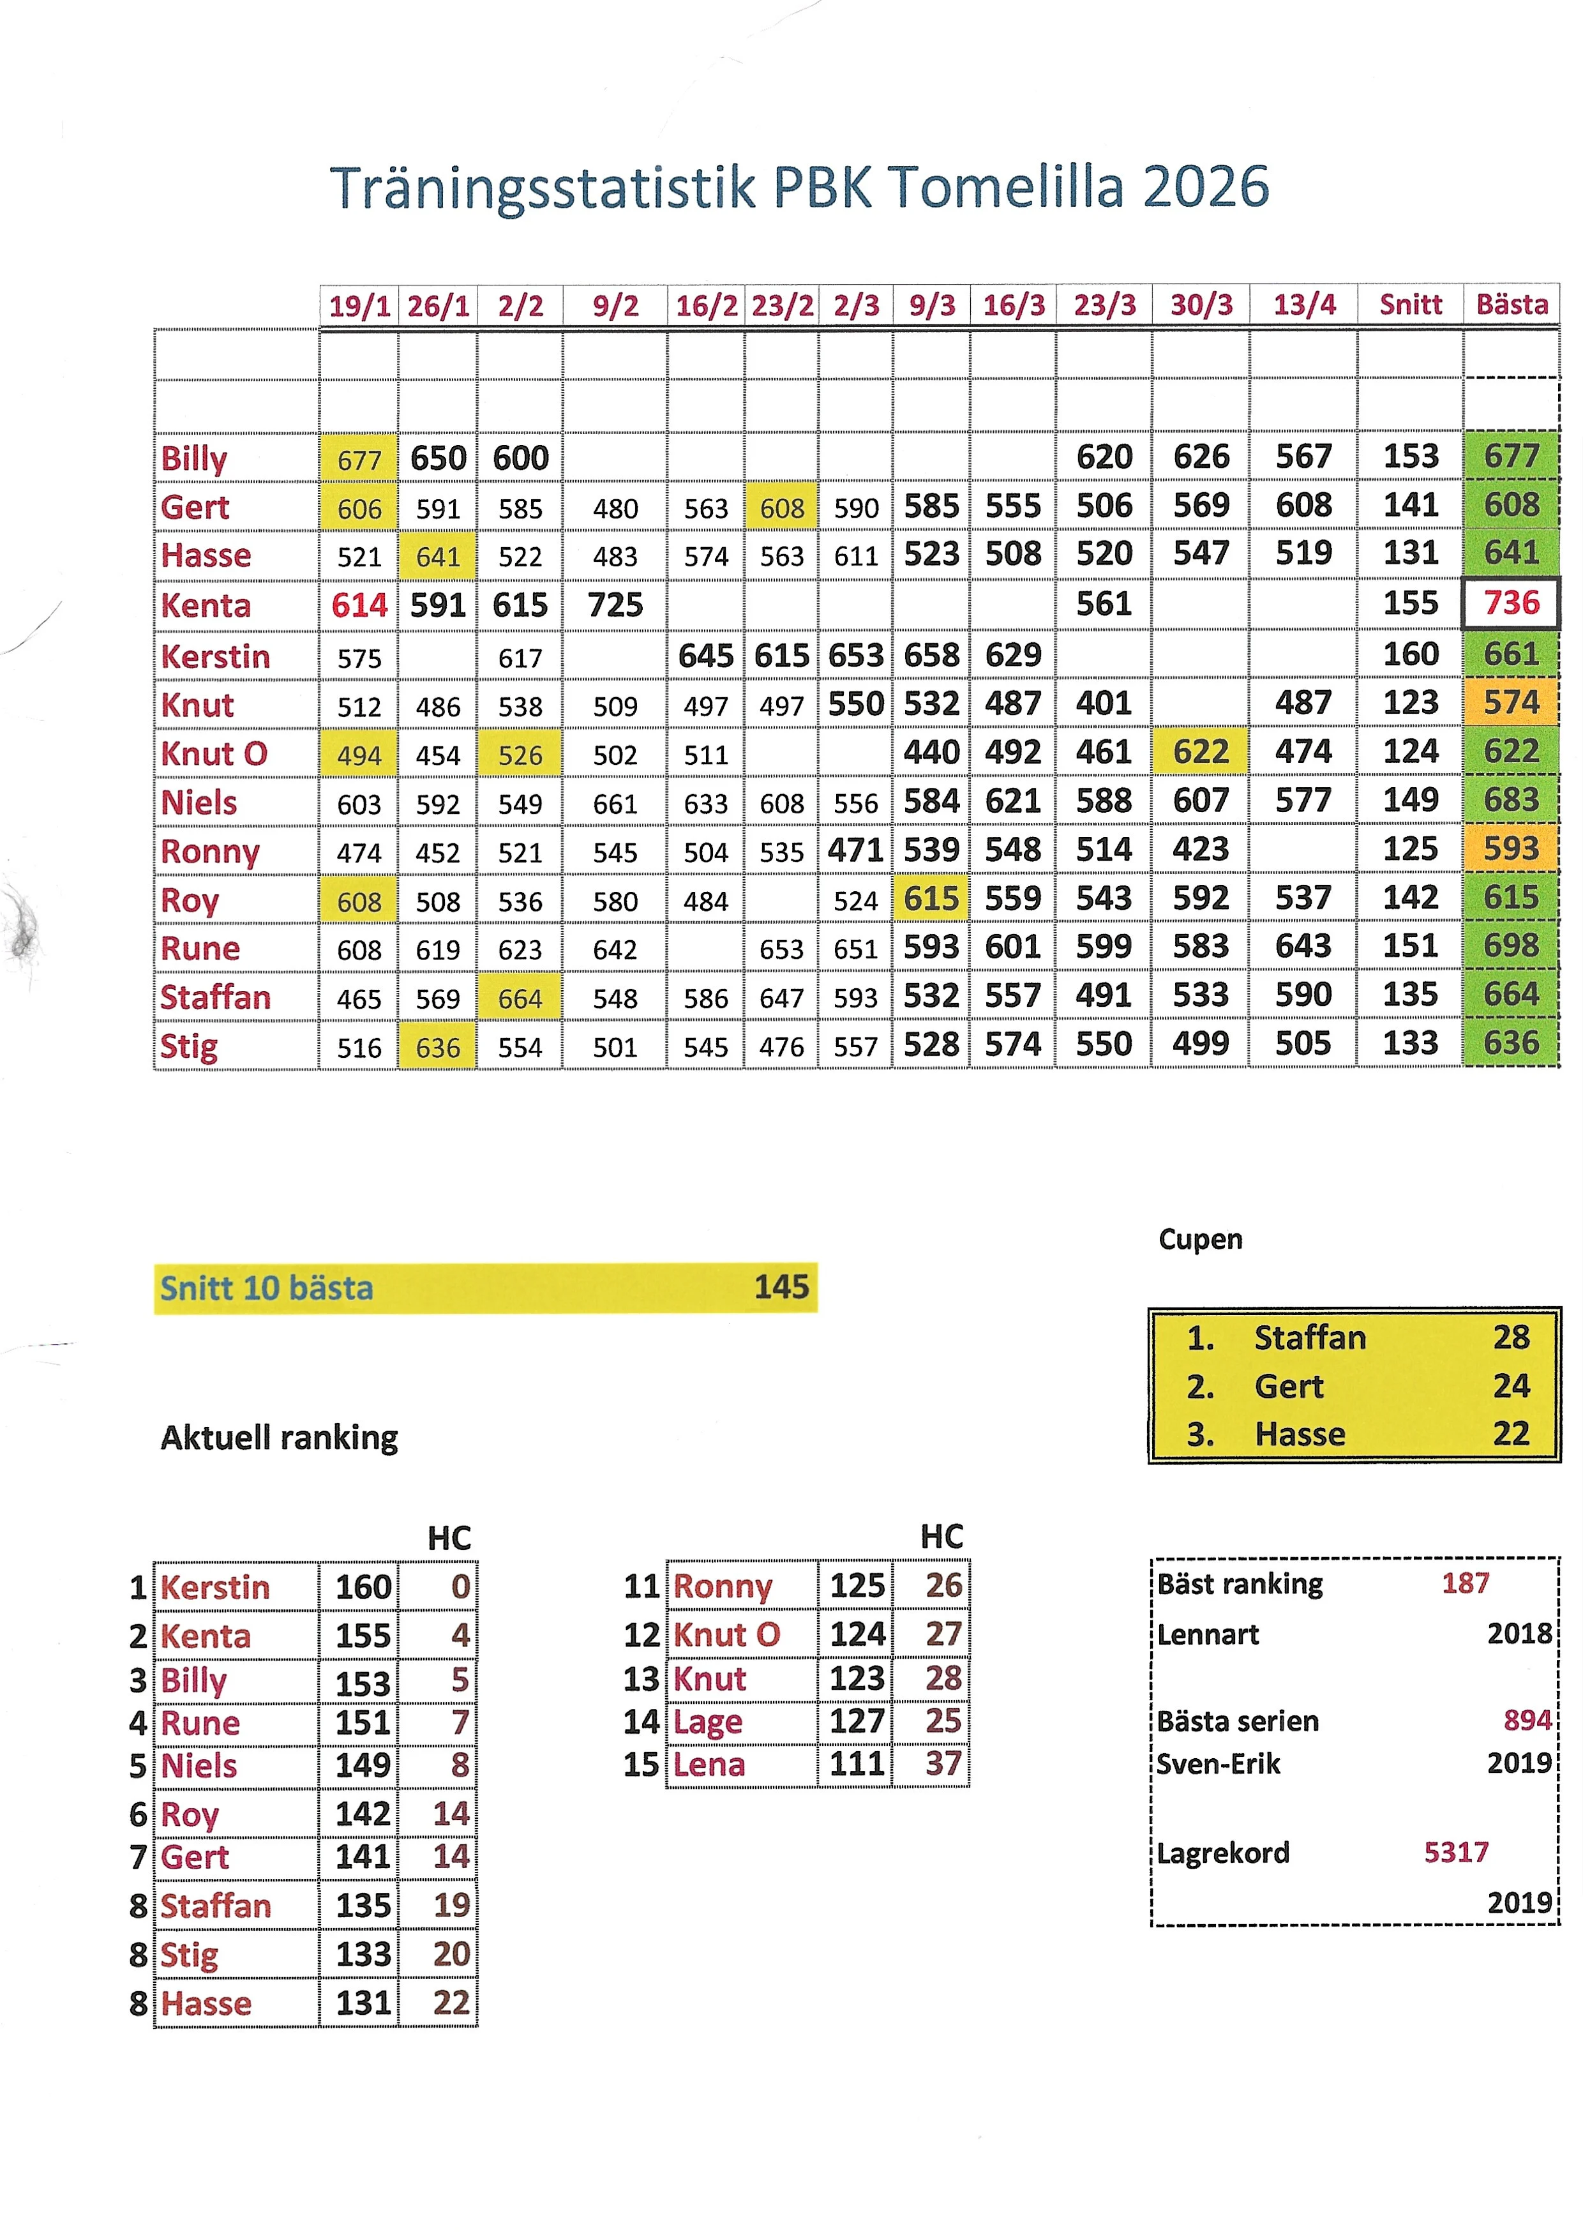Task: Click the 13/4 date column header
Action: coord(1304,305)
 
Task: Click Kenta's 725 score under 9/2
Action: coord(615,605)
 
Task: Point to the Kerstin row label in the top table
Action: coord(215,656)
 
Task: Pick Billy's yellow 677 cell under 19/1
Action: coord(359,459)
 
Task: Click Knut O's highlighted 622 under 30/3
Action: coord(1200,751)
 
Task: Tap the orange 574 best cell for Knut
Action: coord(1511,703)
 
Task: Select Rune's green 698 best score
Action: coord(1511,945)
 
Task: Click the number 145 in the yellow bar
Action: coord(781,1286)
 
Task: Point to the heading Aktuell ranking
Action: coord(279,1438)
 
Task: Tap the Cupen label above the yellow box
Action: coord(1200,1239)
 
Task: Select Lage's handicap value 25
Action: coord(943,1721)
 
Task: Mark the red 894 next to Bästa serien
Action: coord(1526,1721)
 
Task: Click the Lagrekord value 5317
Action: coord(1455,1852)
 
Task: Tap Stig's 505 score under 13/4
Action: coord(1303,1044)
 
